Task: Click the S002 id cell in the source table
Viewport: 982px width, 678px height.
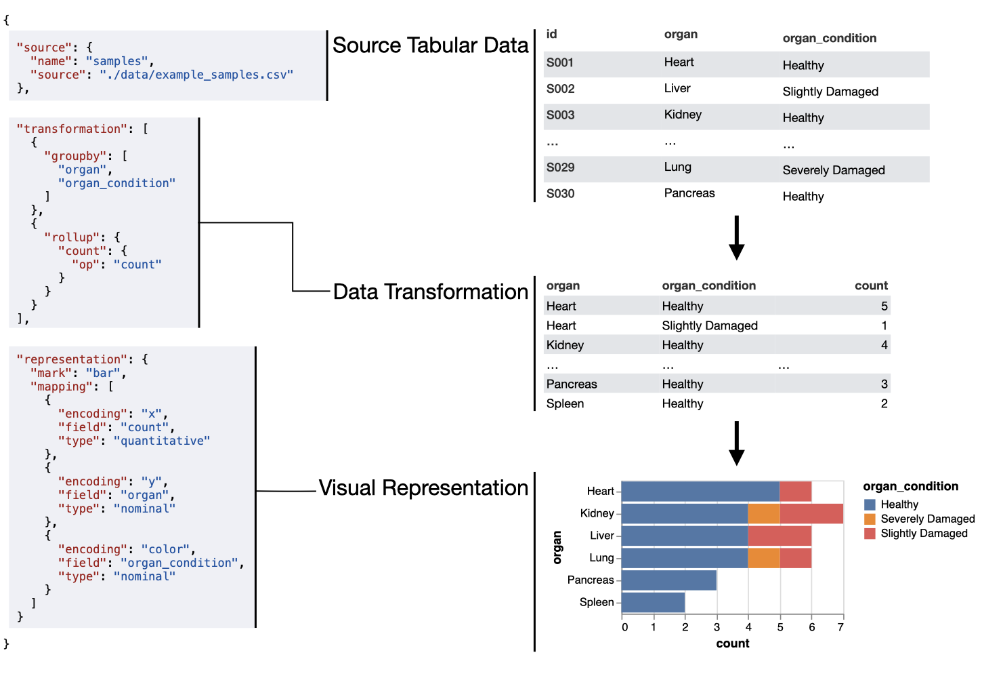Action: click(x=560, y=89)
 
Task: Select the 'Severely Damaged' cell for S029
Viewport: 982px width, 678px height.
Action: click(x=833, y=170)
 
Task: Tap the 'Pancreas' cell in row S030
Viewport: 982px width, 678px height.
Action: click(x=689, y=193)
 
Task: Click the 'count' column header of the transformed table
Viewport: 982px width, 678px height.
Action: click(x=870, y=286)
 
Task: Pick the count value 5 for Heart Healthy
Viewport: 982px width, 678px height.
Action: click(x=884, y=306)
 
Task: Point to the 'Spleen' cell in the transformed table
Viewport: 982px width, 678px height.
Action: click(x=565, y=404)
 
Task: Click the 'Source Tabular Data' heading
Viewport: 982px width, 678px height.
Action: click(x=430, y=45)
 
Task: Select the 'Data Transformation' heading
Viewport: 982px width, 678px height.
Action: click(x=430, y=292)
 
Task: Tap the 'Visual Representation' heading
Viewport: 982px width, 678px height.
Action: click(x=423, y=488)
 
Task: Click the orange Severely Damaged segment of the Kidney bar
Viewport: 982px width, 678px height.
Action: click(x=763, y=514)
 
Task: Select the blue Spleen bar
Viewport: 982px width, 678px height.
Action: click(x=653, y=602)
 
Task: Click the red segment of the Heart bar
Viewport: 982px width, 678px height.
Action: click(x=795, y=492)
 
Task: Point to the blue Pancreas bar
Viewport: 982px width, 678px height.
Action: click(x=668, y=580)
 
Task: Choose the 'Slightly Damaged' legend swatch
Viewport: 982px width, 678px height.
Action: click(x=870, y=534)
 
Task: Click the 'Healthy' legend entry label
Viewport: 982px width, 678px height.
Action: click(x=899, y=504)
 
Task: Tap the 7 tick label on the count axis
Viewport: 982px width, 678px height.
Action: click(x=840, y=627)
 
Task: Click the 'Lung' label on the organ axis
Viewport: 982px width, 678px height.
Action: click(x=601, y=558)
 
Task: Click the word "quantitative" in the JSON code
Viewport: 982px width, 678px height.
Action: click(x=162, y=441)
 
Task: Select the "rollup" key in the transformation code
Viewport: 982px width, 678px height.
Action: click(x=72, y=237)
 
